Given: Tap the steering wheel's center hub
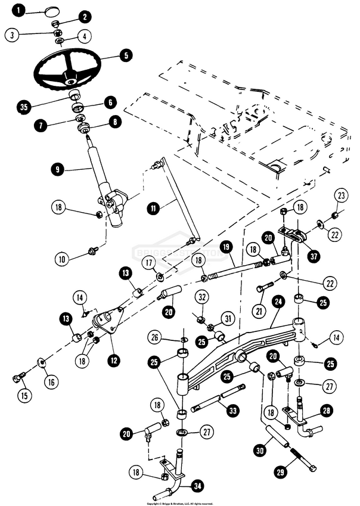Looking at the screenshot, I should pos(70,76).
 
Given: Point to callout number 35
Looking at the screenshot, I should pos(24,108).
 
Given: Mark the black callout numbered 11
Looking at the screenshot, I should pos(154,208).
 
